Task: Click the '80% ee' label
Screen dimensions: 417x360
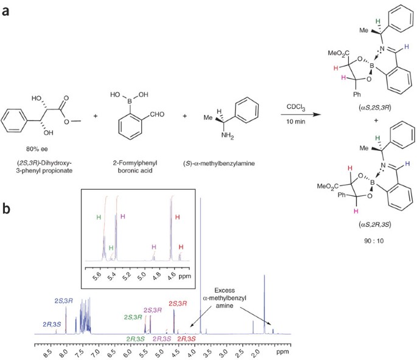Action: pos(38,148)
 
